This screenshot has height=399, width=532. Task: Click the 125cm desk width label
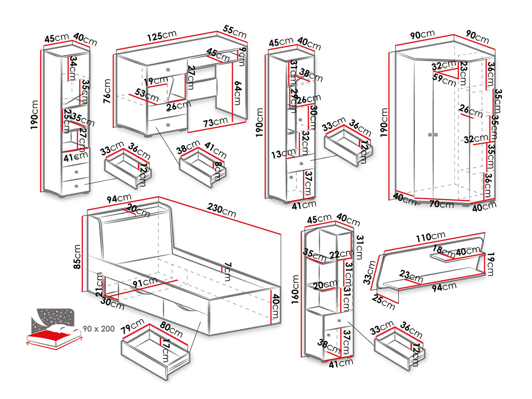click(162, 36)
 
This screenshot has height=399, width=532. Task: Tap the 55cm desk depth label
click(235, 31)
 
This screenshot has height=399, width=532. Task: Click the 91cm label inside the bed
click(145, 283)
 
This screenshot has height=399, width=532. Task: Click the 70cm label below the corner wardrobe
click(441, 204)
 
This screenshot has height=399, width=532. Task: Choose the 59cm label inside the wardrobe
click(444, 79)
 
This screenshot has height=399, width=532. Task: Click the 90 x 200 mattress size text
click(99, 329)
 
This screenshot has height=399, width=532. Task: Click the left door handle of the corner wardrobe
click(429, 135)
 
